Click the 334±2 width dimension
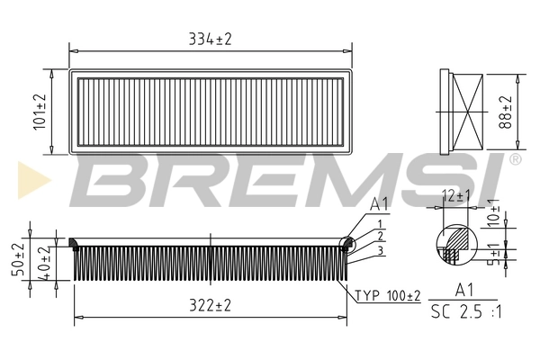point(210,39)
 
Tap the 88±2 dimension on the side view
point(506,112)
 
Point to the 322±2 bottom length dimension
point(210,306)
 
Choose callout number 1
point(381,223)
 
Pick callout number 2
point(381,236)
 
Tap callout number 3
point(381,249)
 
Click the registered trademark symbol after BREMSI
point(515,159)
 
